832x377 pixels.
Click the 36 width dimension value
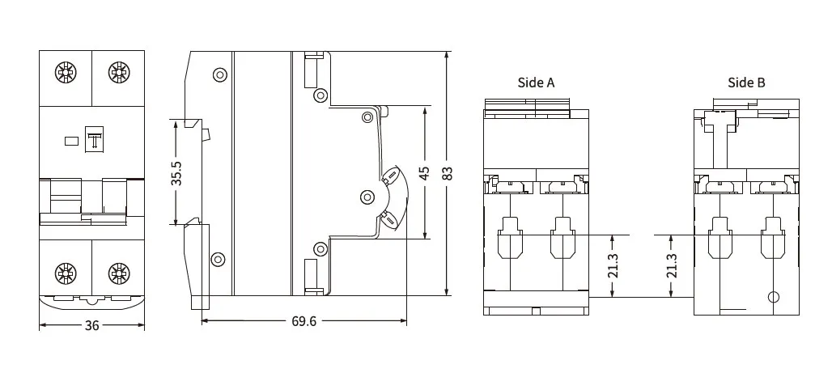click(x=91, y=325)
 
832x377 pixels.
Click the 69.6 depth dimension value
click(x=304, y=321)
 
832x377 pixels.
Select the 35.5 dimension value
click(x=176, y=173)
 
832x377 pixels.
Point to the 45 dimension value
click(x=424, y=173)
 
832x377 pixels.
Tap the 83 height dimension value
click(x=448, y=173)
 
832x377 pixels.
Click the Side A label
click(x=536, y=83)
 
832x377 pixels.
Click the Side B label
click(x=746, y=83)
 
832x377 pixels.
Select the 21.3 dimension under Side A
click(x=613, y=265)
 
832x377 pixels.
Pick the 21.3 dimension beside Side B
click(x=672, y=265)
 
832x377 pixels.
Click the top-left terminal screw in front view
click(x=66, y=72)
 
